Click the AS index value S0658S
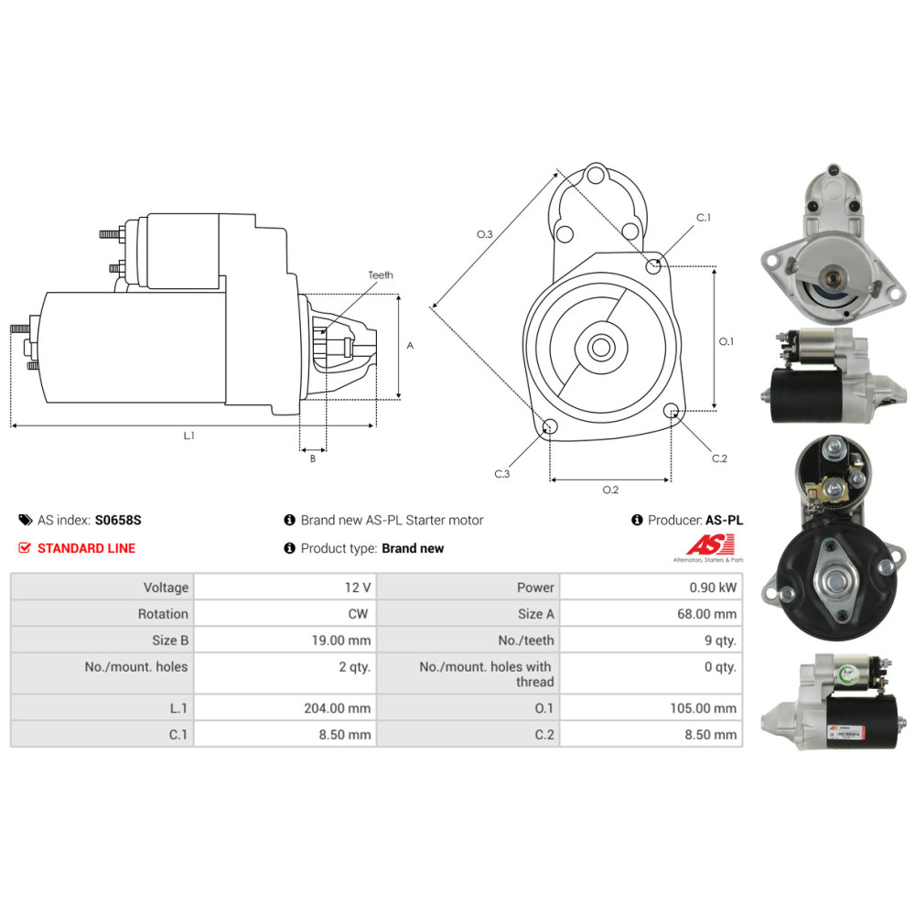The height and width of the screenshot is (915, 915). click(118, 520)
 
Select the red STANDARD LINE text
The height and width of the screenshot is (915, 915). click(86, 548)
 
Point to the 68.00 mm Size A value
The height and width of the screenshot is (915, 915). click(706, 614)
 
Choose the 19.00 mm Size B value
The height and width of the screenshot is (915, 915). click(341, 640)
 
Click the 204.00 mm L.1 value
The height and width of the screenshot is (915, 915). click(338, 708)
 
